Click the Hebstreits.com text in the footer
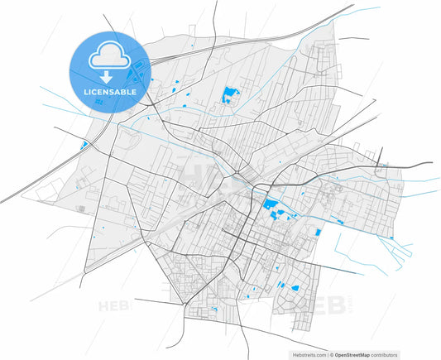tap(309, 353)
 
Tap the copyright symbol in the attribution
tap(331, 353)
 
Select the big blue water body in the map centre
tap(270, 207)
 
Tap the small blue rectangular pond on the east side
tap(316, 234)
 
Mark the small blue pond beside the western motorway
tap(84, 146)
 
